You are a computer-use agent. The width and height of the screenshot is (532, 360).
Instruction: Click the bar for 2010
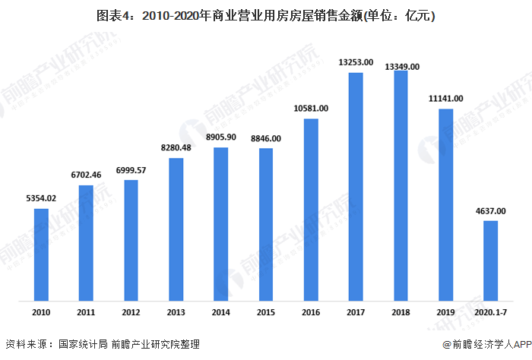[41, 254]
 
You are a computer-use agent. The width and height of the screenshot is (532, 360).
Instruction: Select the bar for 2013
[176, 229]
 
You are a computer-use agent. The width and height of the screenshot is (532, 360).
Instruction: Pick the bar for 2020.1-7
[490, 261]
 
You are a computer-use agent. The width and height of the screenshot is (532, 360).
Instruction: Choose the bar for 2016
[310, 209]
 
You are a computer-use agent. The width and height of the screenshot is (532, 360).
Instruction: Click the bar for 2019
[445, 204]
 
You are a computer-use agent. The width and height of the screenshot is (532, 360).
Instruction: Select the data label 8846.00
[265, 138]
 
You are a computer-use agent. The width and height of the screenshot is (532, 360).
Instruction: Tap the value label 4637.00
[490, 211]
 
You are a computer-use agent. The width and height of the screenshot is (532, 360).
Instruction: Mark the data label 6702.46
[86, 175]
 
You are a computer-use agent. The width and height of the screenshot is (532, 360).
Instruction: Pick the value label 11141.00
[445, 99]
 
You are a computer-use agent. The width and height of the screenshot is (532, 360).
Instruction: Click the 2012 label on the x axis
[131, 312]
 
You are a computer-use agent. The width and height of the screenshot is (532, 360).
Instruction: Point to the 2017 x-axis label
[355, 312]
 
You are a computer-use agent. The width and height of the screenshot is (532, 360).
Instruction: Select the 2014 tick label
[220, 312]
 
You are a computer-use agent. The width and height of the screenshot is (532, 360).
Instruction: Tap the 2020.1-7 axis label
[490, 312]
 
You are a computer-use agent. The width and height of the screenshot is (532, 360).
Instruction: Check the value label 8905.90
[220, 137]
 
